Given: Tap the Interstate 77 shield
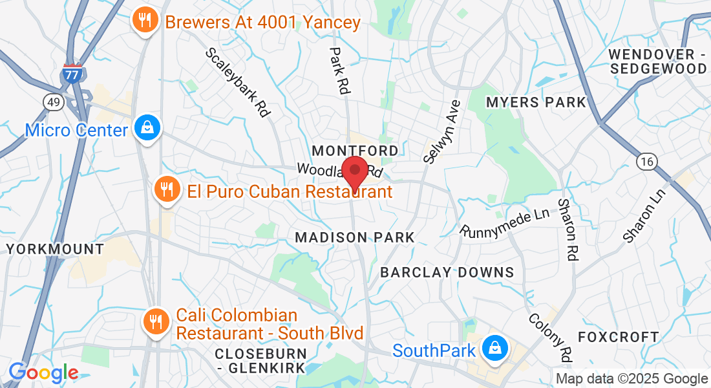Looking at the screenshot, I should click(72, 74).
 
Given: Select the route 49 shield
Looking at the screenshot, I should click(53, 102).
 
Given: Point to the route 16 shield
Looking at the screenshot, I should click(646, 162).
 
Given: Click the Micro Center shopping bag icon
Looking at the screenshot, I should click(147, 129).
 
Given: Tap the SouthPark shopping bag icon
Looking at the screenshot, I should click(494, 349).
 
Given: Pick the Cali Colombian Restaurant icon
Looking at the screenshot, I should click(156, 321).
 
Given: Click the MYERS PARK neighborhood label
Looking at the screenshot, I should click(536, 102).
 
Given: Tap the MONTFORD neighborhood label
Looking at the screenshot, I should click(355, 151).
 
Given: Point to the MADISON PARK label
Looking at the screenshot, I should click(354, 238).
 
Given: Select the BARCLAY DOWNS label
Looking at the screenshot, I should click(447, 272).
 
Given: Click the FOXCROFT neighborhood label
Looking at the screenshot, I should click(618, 337).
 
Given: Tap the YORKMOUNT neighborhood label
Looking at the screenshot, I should click(55, 249).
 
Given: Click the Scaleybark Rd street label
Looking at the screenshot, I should click(237, 82).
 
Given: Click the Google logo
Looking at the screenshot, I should click(43, 372).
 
